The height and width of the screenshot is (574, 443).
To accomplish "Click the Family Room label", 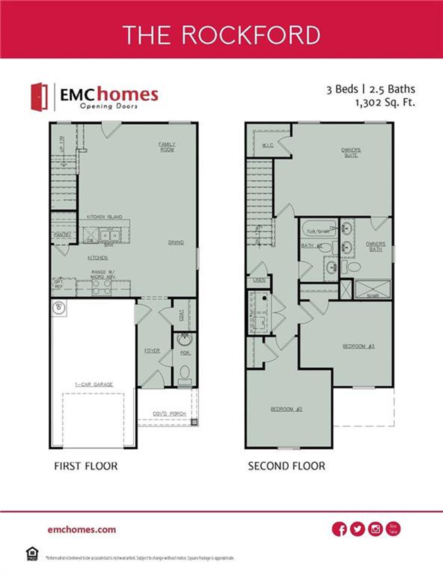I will (x=167, y=147).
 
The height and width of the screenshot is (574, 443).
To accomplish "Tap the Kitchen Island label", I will (x=104, y=217).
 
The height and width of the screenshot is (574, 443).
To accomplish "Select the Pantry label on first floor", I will (x=62, y=234).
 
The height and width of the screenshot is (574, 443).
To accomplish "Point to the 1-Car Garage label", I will (x=94, y=384).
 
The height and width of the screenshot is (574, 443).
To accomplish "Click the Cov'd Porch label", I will (x=169, y=414).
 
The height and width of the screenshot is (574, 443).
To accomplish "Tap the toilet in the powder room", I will (x=185, y=375).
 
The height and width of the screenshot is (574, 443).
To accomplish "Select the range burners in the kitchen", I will (x=102, y=288).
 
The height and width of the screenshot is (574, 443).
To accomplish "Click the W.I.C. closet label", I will (x=268, y=145).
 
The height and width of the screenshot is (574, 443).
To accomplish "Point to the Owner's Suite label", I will (x=351, y=153).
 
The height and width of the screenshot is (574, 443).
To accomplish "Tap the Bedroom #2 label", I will (x=286, y=409).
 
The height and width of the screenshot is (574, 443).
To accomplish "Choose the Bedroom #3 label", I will (x=359, y=346).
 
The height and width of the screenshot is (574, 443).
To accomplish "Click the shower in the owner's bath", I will (x=373, y=289).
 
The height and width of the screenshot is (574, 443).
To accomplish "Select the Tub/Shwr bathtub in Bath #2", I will (x=319, y=229).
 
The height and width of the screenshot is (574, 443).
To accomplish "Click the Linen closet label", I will (x=259, y=280).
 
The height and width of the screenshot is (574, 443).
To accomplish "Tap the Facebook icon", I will (x=339, y=529).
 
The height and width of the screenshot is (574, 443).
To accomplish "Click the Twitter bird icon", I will (x=357, y=529).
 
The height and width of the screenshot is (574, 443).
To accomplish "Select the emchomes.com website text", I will (x=82, y=529).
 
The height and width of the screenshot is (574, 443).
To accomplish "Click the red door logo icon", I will (x=39, y=97).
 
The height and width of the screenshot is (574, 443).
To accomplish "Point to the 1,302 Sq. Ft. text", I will (x=385, y=103).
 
